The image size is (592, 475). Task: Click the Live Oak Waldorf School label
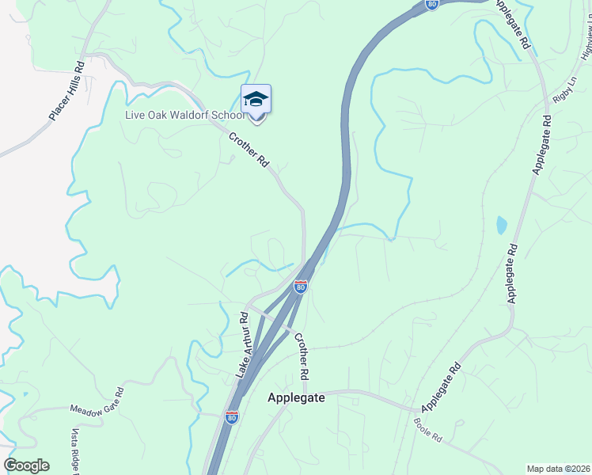tap(184, 115)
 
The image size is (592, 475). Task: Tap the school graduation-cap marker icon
tap(256, 101)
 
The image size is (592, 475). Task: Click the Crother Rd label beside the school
tap(249, 150)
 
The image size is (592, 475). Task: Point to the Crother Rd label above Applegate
tap(301, 355)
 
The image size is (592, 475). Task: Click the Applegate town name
tap(296, 397)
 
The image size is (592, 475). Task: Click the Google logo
tap(26, 465)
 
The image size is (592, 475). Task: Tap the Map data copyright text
tap(558, 469)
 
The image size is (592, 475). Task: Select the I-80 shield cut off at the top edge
tap(431, 5)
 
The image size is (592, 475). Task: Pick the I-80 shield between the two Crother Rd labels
tap(301, 286)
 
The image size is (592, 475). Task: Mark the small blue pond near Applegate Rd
tap(501, 226)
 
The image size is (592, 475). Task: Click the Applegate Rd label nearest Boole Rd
tap(442, 388)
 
